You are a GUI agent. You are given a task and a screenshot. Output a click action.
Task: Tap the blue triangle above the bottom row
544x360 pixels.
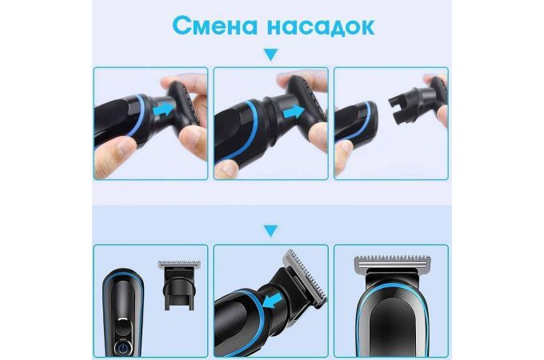click(x=271, y=233)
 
